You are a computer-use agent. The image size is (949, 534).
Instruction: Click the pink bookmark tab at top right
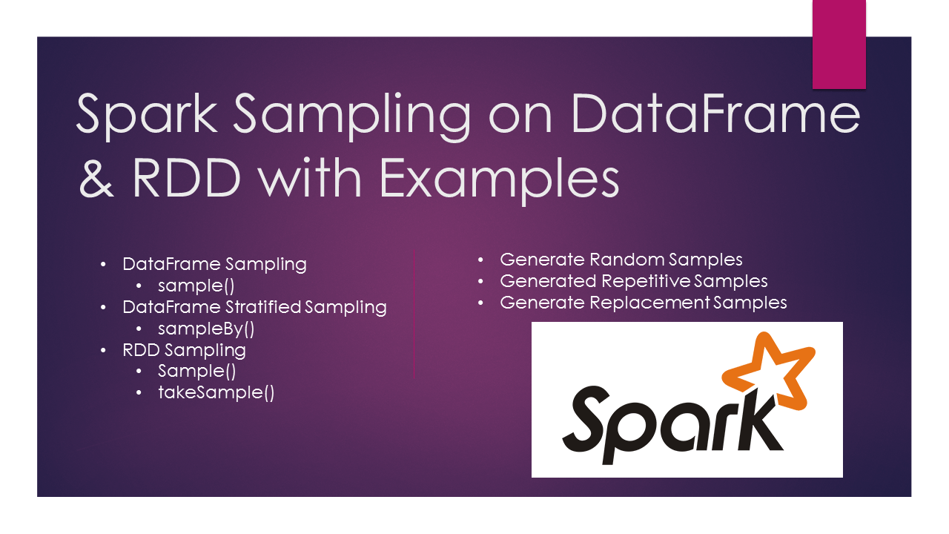click(839, 44)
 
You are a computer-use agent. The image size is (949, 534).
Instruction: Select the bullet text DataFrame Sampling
click(214, 264)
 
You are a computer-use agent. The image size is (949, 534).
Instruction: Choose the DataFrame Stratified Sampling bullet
click(254, 307)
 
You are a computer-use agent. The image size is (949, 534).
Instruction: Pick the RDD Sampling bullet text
click(184, 349)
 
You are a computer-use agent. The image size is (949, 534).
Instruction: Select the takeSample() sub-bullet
click(216, 392)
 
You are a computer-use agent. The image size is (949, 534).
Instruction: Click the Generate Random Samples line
click(621, 260)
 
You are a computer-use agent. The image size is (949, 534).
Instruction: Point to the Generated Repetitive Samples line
click(633, 281)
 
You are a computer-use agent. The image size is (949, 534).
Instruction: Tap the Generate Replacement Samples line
click(643, 303)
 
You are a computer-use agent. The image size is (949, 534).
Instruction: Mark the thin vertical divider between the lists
click(414, 315)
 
